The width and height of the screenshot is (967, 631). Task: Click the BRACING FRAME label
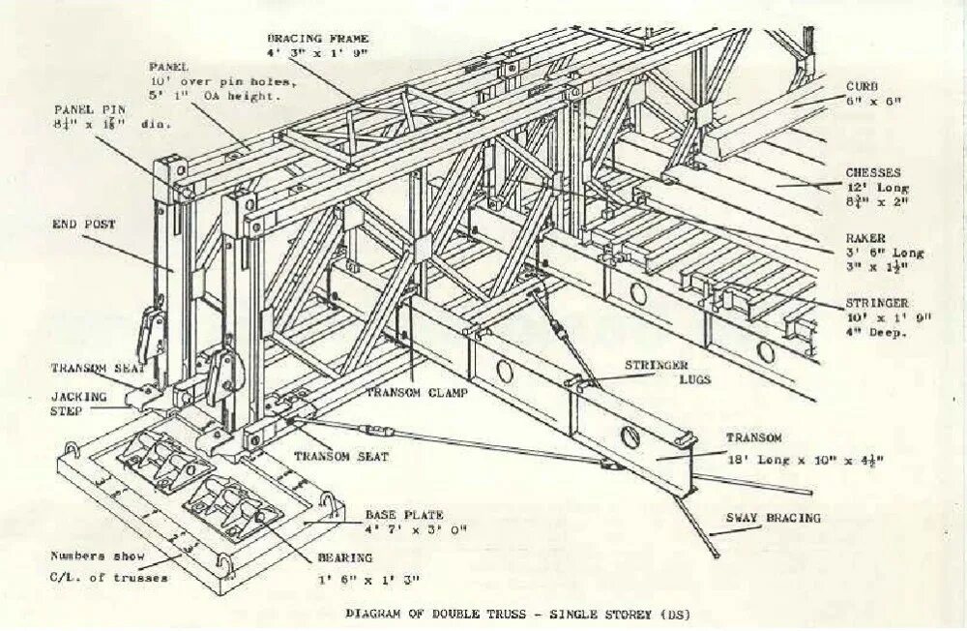[317, 38]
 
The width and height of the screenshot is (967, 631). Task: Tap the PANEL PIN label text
[85, 110]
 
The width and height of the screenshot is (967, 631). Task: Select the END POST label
[84, 225]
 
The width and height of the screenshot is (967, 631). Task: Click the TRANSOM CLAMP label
[416, 393]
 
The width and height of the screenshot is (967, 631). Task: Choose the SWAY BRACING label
[773, 518]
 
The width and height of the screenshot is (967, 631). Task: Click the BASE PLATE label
[402, 515]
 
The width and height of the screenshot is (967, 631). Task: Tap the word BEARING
[345, 557]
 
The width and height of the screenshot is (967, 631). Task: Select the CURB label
[863, 85]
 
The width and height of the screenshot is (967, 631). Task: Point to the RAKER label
[866, 237]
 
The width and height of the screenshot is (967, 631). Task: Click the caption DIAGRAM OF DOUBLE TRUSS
[518, 614]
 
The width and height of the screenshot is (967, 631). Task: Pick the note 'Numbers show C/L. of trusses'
[109, 567]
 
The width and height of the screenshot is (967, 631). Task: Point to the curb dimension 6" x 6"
[873, 101]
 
